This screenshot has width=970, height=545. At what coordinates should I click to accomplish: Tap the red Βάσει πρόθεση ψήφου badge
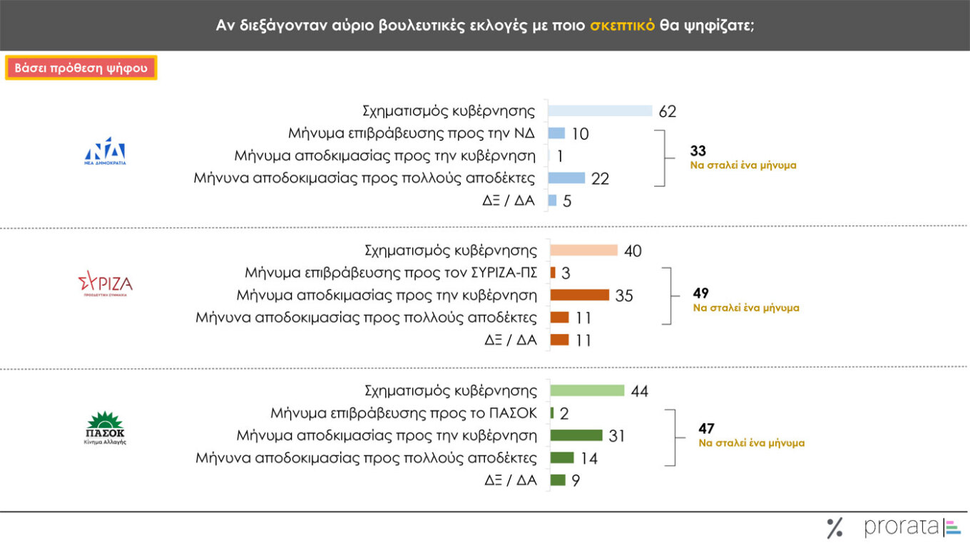coord(81,68)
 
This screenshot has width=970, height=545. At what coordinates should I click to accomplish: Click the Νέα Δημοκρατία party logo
coord(105,151)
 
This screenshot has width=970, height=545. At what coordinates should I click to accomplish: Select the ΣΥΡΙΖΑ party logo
coord(106,285)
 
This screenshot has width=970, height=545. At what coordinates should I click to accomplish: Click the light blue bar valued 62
coord(600,110)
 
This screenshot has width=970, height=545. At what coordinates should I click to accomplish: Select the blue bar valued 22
coord(566,177)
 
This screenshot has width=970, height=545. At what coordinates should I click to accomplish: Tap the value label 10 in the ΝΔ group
coord(581,134)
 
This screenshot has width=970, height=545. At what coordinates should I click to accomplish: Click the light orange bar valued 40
coord(583,250)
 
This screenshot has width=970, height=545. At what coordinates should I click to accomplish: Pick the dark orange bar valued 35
coord(579,295)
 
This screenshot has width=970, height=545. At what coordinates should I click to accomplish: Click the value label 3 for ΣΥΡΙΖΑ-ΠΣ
coord(566,273)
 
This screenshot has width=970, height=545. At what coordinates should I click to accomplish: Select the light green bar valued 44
coord(587,390)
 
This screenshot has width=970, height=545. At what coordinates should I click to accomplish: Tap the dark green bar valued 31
coord(576,435)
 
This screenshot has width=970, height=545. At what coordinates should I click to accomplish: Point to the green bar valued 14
coord(562,457)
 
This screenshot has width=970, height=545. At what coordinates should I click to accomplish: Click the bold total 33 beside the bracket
coord(699,151)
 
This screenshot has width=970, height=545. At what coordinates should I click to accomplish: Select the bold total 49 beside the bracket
coord(702,293)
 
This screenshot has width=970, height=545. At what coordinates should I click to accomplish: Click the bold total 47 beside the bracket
coord(706,429)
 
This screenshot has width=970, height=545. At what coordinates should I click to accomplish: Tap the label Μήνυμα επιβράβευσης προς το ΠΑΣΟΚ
coord(404,413)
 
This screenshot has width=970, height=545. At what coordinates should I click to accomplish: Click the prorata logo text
coord(902,527)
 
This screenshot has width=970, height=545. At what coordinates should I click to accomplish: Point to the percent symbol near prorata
coord(834,528)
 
